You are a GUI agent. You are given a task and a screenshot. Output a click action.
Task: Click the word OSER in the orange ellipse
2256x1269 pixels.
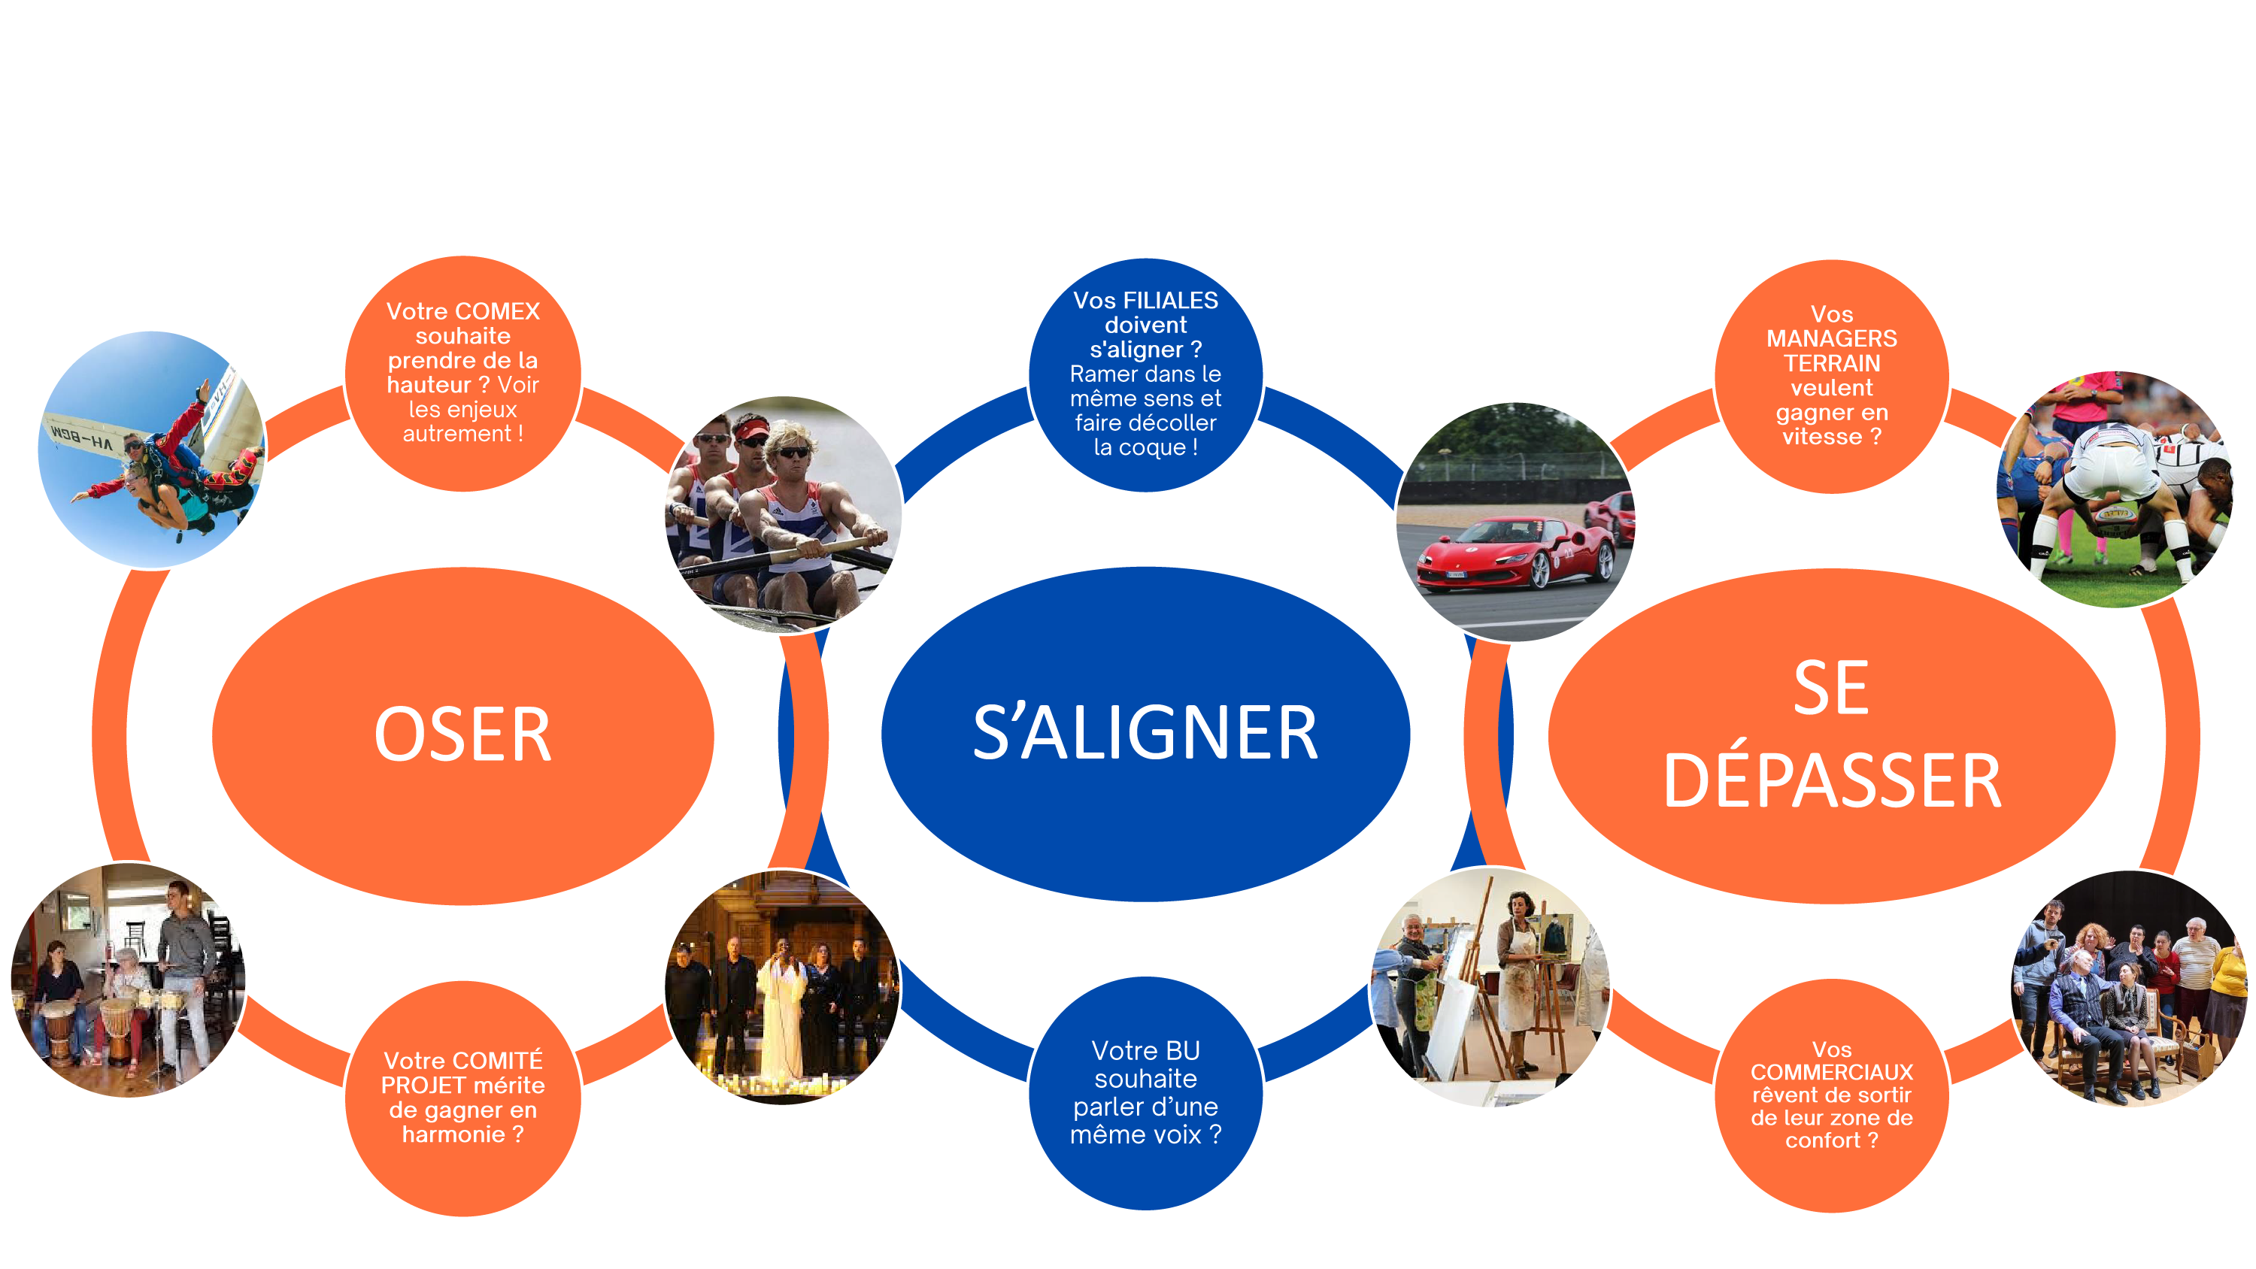(462, 734)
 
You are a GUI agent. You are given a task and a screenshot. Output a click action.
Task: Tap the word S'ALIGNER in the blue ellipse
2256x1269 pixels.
(1145, 733)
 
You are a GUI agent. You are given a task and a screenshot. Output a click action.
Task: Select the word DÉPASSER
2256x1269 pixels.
(1832, 780)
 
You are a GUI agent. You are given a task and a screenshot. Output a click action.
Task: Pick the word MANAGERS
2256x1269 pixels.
(1831, 338)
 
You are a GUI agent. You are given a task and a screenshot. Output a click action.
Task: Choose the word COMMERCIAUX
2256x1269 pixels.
(1831, 1072)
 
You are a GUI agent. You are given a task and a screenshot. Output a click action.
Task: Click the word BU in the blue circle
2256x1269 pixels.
(1182, 1050)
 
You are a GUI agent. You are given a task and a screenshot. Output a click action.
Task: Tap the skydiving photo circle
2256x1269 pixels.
(151, 448)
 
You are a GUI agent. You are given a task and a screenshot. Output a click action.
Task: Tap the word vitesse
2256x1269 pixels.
(1821, 436)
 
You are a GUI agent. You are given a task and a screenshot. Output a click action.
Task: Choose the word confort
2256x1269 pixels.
(1821, 1140)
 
